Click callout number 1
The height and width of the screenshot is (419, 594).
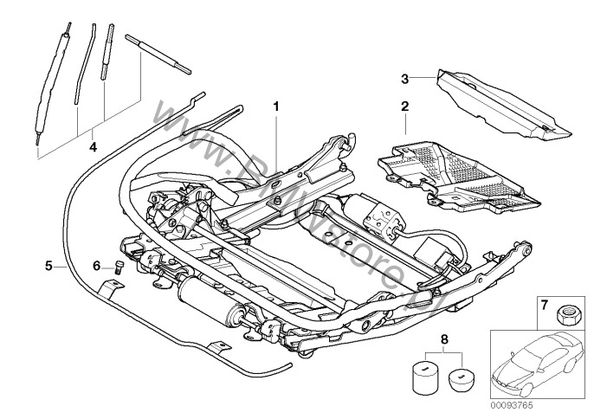[277, 106]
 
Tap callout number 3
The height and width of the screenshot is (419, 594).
[404, 79]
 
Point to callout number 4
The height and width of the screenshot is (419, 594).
[93, 147]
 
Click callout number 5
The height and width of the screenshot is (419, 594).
[48, 266]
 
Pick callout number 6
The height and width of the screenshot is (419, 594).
[97, 266]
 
